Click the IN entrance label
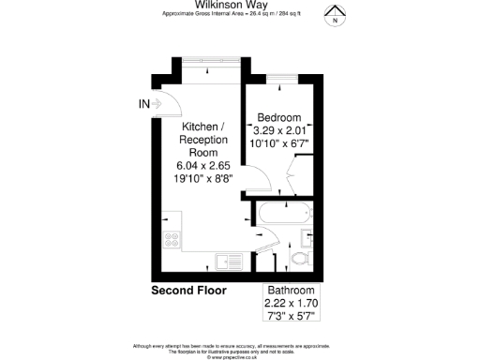coord(142,103)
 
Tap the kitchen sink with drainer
coord(228,261)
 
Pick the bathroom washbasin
coord(310,237)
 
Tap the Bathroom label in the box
coord(292,290)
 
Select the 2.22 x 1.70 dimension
coord(292,303)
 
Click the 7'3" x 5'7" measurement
coord(292,317)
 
